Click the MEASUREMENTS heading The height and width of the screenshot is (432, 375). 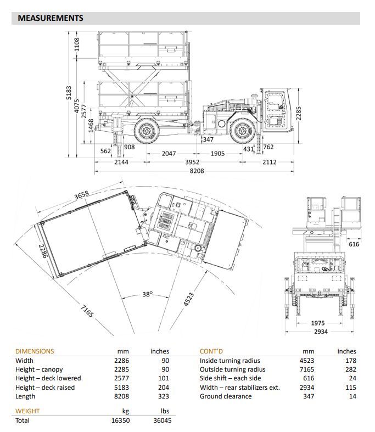[51, 18]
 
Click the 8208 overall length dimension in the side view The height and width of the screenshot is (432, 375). [197, 171]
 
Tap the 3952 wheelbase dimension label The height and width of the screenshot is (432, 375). [192, 162]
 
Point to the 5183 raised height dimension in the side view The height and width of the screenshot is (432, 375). [69, 93]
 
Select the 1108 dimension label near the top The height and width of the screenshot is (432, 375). [77, 44]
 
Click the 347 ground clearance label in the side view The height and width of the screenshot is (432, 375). [208, 139]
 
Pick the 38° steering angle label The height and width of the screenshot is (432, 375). [147, 294]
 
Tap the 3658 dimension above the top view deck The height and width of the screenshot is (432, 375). [82, 195]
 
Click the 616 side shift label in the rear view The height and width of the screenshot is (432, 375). [354, 244]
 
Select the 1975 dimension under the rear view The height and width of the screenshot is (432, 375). [318, 323]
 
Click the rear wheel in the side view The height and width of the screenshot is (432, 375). [147, 131]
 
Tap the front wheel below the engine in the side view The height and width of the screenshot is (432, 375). [243, 131]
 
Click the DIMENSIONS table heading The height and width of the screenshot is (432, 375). [35, 351]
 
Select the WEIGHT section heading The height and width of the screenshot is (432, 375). [27, 411]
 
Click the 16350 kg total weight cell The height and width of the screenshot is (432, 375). [120, 420]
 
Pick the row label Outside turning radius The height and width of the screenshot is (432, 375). [233, 369]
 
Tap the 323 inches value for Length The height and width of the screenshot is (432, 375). [164, 396]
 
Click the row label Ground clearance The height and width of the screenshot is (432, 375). [226, 396]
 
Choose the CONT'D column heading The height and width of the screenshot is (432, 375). [211, 351]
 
